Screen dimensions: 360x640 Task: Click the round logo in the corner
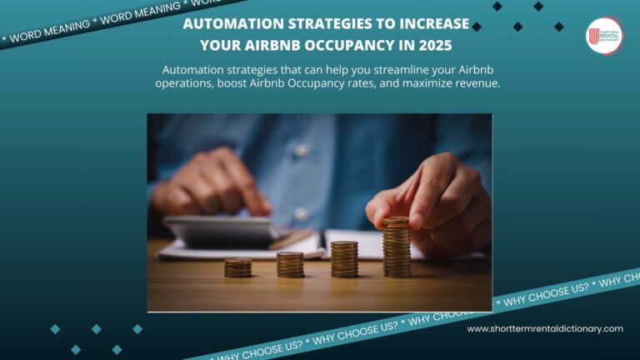point(604,36)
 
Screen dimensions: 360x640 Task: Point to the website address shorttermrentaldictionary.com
point(545,328)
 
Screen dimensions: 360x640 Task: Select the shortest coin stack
point(237,267)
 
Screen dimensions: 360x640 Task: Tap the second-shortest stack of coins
point(290,264)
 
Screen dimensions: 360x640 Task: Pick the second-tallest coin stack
point(343,259)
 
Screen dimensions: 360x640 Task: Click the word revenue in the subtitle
point(476,84)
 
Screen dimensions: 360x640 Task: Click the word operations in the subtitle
point(183,84)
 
